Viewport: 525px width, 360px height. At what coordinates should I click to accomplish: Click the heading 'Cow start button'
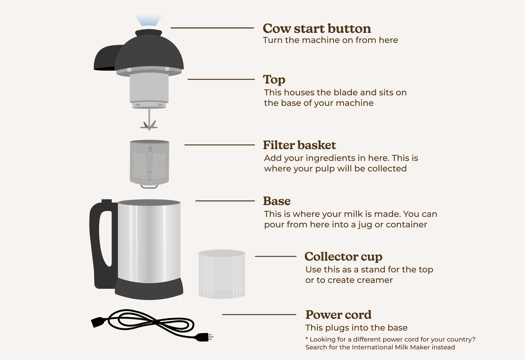pos(316,28)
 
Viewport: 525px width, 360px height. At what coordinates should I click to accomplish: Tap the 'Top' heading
pos(274,80)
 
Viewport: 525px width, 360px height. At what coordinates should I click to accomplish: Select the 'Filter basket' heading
pos(299,145)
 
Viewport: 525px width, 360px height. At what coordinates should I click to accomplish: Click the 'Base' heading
pos(276,201)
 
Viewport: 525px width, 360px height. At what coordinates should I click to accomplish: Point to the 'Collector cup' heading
pos(343,257)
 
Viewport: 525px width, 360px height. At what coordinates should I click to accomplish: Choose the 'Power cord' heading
pos(338,315)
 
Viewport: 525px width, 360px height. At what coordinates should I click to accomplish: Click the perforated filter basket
pos(149,164)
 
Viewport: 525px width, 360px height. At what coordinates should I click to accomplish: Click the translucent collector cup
pos(222,274)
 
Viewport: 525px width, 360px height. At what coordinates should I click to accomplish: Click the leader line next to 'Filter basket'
pos(219,145)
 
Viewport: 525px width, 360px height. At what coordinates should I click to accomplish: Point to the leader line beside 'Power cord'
pos(259,315)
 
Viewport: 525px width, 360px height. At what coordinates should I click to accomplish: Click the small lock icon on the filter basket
pos(150,149)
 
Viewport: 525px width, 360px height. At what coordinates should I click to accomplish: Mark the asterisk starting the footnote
pos(307,339)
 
